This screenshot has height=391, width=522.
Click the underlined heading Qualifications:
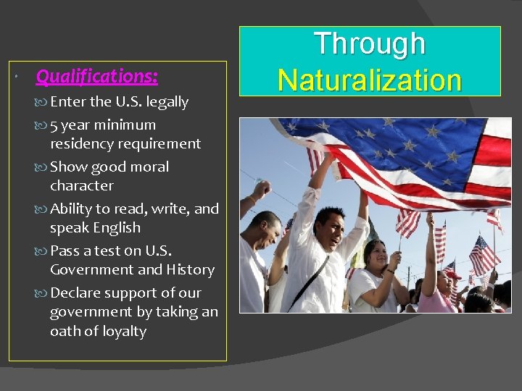point(96,75)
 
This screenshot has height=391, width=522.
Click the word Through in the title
point(370,43)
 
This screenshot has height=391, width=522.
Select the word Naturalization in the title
point(370,80)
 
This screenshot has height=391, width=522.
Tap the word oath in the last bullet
point(64,331)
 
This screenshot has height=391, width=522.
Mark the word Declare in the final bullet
point(75,293)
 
